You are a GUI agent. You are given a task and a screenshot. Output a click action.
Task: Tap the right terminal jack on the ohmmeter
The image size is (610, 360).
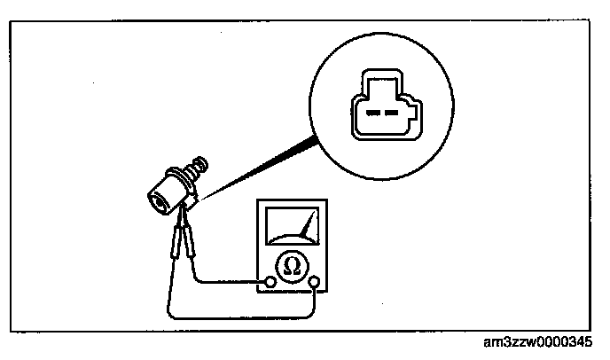pyautogui.click(x=316, y=283)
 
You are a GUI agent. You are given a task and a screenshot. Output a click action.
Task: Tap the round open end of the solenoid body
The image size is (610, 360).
pyautogui.click(x=158, y=201)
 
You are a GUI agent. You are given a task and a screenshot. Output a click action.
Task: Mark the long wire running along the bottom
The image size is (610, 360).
pyautogui.click(x=239, y=315)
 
